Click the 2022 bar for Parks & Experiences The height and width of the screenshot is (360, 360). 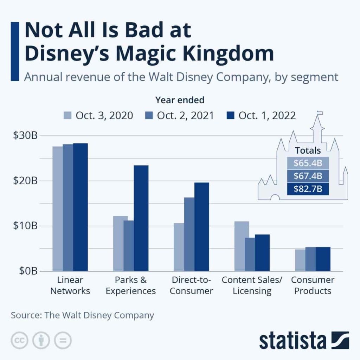141,218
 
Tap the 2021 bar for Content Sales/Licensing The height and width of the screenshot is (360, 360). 250,254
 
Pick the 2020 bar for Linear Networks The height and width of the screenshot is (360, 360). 58,209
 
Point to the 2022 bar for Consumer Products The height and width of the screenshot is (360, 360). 323,259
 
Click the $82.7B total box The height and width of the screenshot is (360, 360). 308,189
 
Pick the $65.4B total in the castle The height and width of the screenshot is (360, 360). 308,163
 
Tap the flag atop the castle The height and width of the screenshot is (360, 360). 320,113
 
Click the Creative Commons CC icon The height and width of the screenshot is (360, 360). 20,340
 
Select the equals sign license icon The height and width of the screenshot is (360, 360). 63,340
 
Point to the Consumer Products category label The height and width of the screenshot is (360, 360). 313,285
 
